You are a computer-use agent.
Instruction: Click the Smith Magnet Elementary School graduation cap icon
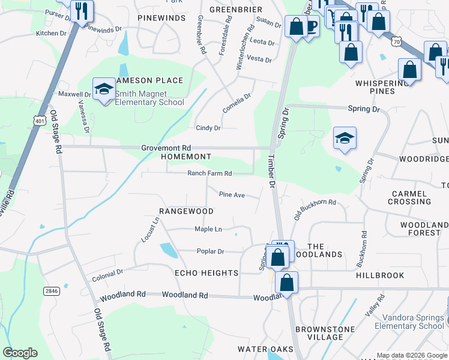point(104,89)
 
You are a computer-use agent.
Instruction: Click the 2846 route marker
point(52,290)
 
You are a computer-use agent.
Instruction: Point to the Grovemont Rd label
point(166,148)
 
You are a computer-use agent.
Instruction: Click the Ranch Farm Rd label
point(209,173)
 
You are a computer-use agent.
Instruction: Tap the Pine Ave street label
point(232,194)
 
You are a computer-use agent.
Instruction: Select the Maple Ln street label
point(208,229)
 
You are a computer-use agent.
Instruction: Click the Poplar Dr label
point(210,251)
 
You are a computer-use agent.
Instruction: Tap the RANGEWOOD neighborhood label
point(186,211)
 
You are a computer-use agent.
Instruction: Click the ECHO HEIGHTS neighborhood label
point(206,273)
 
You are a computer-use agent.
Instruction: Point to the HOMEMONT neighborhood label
point(186,157)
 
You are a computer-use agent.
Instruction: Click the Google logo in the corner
point(20,353)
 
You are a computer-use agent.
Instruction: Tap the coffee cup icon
point(311,26)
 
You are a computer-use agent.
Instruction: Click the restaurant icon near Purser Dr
point(80,10)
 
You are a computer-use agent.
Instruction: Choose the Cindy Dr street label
point(208,128)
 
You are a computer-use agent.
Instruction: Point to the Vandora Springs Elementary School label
point(409,322)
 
